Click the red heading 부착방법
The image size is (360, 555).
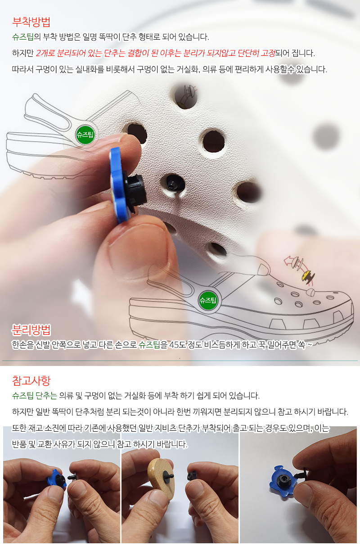click(x=31, y=22)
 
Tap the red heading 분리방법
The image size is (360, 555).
click(x=31, y=330)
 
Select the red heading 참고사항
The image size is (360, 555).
click(x=31, y=380)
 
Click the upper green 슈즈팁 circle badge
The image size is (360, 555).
click(x=85, y=135)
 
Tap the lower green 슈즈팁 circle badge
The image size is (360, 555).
click(x=208, y=300)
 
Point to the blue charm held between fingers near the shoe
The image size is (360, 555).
click(x=118, y=185)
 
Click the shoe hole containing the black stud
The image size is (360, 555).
click(x=175, y=183)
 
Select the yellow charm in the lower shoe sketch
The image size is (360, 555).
click(x=306, y=275)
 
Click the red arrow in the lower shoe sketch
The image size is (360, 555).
click(x=288, y=261)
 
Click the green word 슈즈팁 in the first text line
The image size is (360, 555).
click(x=22, y=37)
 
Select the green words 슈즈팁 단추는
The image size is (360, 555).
click(x=35, y=396)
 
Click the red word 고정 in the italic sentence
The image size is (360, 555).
click(x=268, y=53)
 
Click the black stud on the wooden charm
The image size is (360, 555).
click(x=169, y=476)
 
